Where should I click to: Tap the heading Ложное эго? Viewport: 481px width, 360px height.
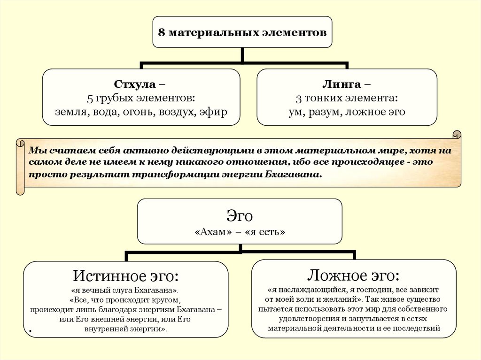tap(353, 274)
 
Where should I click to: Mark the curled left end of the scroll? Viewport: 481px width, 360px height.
tap(20, 167)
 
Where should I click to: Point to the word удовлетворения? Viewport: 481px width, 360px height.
tap(292, 318)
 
